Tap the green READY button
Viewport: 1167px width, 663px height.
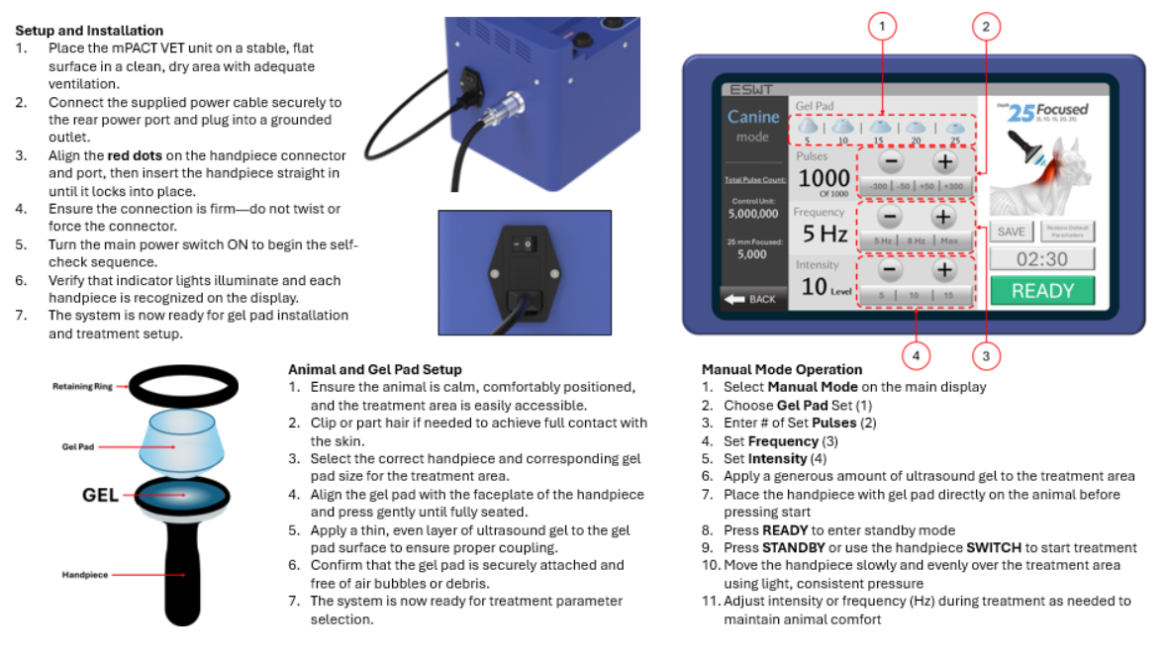click(x=1042, y=291)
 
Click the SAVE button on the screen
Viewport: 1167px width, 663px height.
click(x=1011, y=232)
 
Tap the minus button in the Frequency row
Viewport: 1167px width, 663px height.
click(x=890, y=216)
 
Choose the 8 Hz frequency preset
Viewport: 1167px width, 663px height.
click(x=917, y=240)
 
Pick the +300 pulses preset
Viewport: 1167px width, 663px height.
click(x=953, y=186)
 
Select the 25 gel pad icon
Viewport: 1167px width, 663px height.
click(x=954, y=130)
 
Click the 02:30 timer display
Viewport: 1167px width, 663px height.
click(x=1042, y=259)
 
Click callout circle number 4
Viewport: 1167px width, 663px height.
click(x=917, y=353)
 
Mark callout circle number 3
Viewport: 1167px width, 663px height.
click(x=985, y=353)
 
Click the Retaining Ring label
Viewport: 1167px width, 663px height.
click(x=82, y=387)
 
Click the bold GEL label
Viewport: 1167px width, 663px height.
click(x=100, y=494)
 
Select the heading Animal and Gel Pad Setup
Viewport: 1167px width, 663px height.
click(x=375, y=369)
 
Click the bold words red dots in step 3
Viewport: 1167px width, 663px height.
click(x=135, y=155)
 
